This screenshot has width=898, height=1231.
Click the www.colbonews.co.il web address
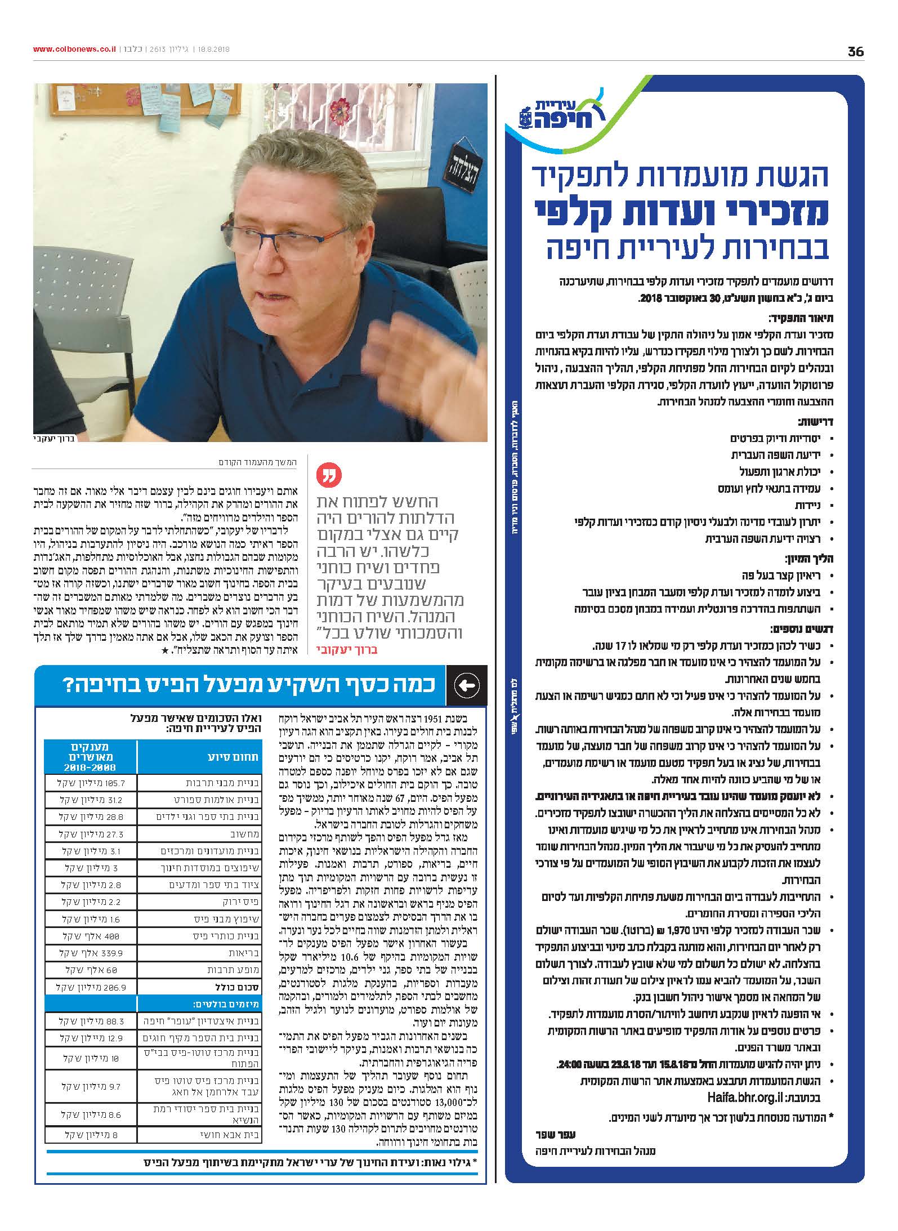[x=74, y=50]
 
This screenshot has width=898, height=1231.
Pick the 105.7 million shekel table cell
[x=90, y=783]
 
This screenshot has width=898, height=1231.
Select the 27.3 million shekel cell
[x=90, y=834]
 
